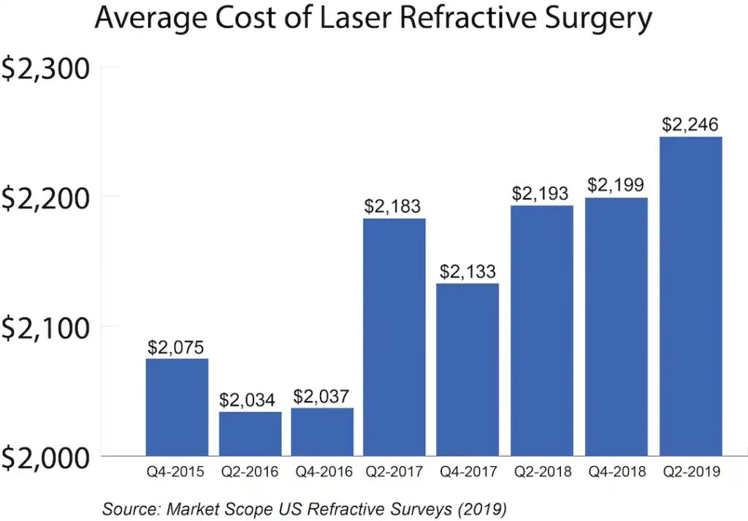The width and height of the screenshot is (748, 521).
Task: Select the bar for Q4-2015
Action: coord(177,406)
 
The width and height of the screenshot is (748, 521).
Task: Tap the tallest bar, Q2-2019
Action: coord(690,296)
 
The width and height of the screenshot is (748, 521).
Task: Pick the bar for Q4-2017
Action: coord(468,369)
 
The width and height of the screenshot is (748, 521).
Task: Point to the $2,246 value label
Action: coord(690,125)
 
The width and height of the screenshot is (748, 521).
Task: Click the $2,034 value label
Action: coord(249,400)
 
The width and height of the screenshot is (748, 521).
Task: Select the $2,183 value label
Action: coord(394,207)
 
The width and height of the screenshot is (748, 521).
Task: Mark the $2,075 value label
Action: coord(177,346)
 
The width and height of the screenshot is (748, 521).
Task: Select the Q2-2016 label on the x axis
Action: coord(249,472)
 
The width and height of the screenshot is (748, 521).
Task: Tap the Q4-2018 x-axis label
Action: coord(615,472)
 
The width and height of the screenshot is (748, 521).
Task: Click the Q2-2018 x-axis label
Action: coord(541,472)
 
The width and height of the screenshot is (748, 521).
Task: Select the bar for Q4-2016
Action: coord(322,431)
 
